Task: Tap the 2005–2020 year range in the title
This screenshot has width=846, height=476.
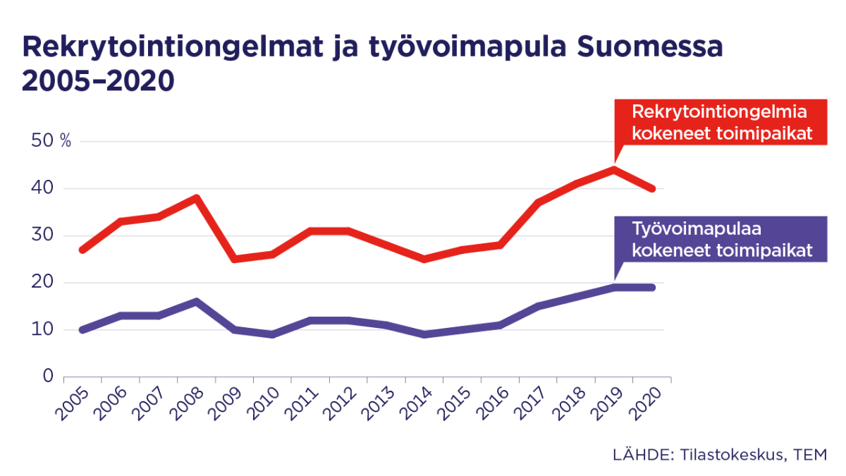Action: (x=98, y=81)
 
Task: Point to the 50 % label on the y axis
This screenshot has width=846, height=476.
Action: (x=51, y=141)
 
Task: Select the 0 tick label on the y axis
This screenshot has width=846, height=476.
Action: (x=48, y=377)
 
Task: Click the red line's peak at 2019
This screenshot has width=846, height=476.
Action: (x=614, y=169)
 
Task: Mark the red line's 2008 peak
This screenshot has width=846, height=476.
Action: (x=197, y=197)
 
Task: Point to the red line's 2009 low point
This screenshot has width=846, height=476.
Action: (x=235, y=259)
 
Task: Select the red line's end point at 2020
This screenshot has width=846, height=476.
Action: (x=652, y=188)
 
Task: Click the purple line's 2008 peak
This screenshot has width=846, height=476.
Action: (x=197, y=301)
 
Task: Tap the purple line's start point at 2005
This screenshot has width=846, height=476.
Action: (x=83, y=329)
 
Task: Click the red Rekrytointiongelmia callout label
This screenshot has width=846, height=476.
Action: (x=719, y=123)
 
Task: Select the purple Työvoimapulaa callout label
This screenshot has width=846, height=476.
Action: (x=719, y=240)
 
